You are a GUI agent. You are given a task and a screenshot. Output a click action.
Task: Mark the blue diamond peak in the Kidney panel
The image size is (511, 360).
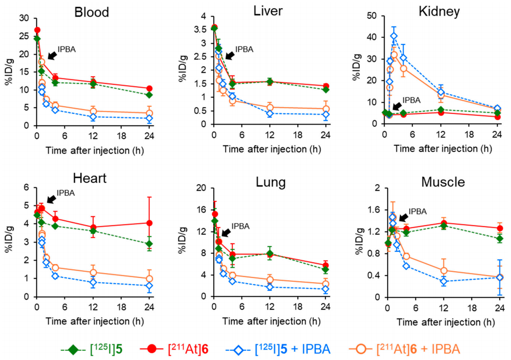point(394,36)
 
